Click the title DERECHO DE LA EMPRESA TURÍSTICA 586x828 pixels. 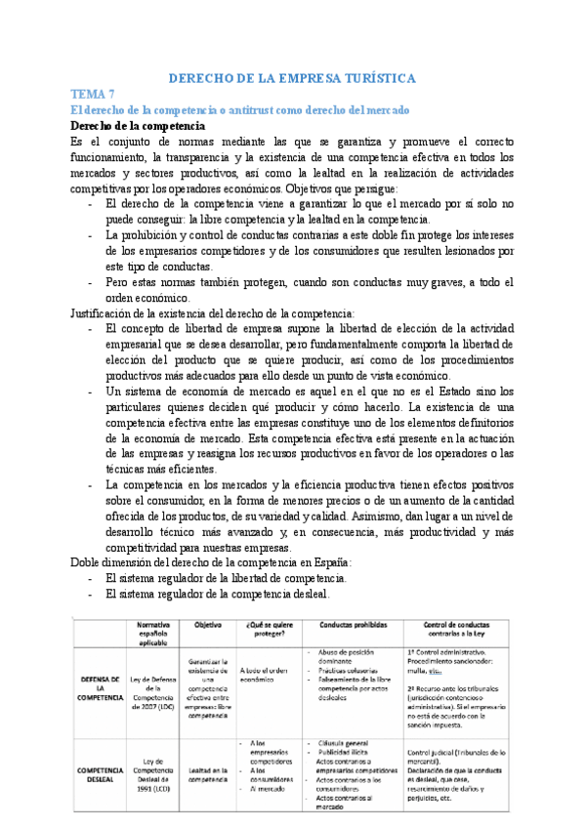click(293, 77)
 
